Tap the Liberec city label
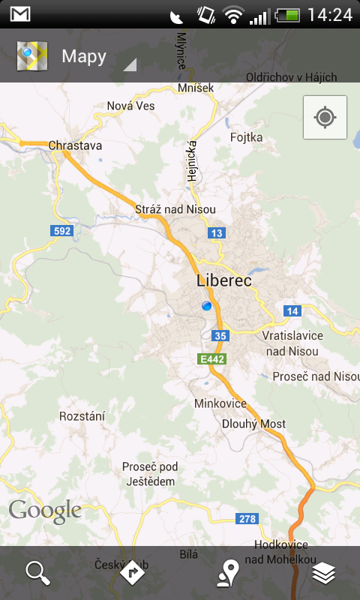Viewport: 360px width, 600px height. coord(223,281)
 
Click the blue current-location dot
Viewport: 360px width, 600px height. coord(207,305)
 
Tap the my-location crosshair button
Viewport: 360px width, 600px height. coord(325,117)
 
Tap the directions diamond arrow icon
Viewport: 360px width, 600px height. coord(132,573)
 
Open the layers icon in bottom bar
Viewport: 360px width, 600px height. coord(324,573)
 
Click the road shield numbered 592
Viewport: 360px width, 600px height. coord(62,231)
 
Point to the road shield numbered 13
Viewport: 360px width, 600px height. coord(217,233)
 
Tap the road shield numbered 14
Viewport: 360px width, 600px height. coord(292,310)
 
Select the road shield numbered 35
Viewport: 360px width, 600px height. coord(219,335)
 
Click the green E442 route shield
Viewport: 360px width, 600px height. coord(212,359)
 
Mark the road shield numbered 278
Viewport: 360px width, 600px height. coord(247,518)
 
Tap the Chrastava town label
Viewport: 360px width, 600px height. coord(75,145)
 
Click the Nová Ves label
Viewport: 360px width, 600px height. coord(130,106)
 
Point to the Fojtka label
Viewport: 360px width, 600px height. coord(247,137)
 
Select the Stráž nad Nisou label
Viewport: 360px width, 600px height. coord(175,209)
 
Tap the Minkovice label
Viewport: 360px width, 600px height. coord(220,403)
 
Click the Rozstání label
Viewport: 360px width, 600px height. coord(82,416)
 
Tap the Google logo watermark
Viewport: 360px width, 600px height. coord(45,511)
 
